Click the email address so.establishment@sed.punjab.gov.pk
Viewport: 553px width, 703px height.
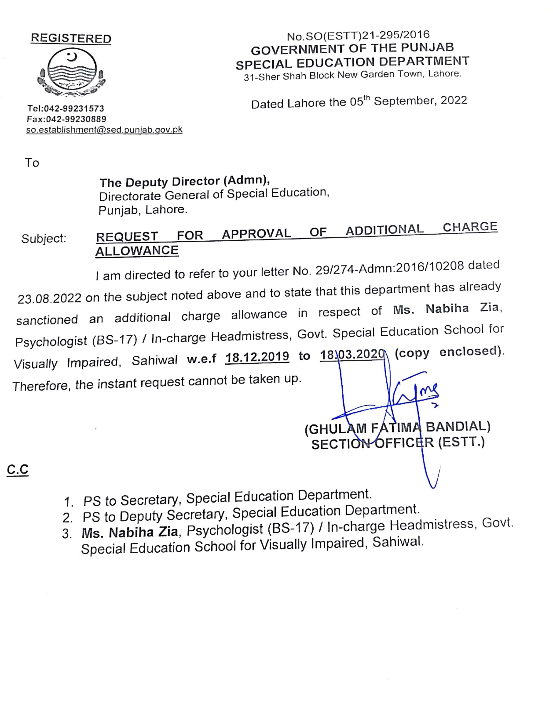point(104,130)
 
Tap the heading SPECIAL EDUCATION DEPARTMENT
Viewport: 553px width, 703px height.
point(352,62)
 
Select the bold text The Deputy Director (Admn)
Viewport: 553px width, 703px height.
point(185,182)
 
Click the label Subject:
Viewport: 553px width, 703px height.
point(44,239)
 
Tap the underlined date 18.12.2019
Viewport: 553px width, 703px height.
point(257,357)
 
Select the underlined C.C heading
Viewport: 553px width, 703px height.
point(17,469)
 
